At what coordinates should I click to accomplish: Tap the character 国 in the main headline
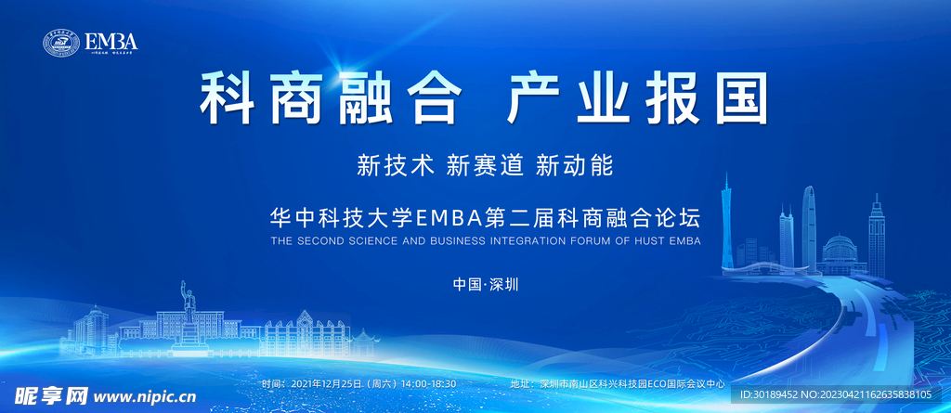click(738, 97)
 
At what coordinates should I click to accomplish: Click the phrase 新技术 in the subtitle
click(396, 165)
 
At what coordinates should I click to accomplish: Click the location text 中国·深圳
click(484, 284)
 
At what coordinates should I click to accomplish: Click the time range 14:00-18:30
click(429, 383)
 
